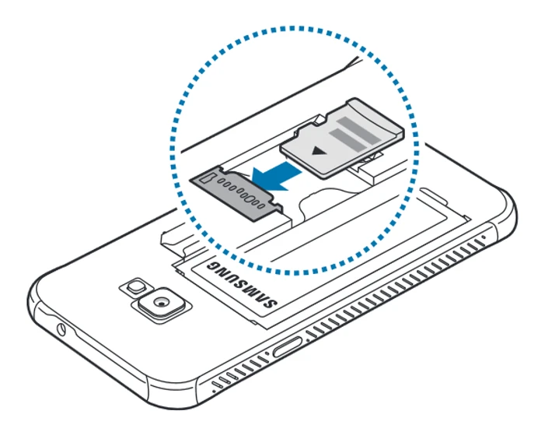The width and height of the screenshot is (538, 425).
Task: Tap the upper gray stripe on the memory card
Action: pos(360,122)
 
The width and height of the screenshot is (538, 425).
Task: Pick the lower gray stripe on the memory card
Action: pos(345,140)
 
